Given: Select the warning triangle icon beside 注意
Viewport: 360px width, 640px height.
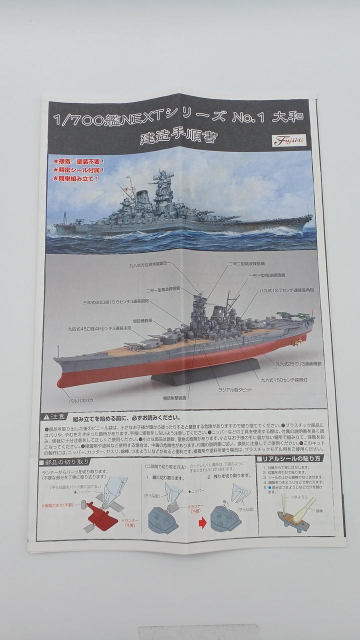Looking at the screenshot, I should [x=46, y=417].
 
